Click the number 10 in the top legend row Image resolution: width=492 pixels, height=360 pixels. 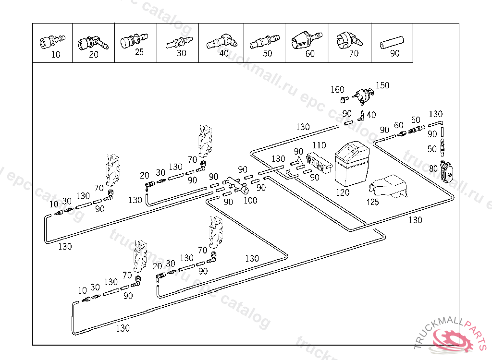[56, 55]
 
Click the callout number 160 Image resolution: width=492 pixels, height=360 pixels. [337, 90]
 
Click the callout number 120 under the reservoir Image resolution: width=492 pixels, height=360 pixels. [343, 192]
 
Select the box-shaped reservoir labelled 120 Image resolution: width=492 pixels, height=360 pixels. [353, 164]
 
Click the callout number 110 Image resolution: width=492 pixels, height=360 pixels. [319, 145]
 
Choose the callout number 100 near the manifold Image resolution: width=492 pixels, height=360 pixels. [250, 201]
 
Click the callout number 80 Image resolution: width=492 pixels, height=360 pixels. [433, 168]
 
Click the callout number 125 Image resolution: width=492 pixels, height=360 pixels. [372, 202]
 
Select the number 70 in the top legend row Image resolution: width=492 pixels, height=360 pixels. [354, 53]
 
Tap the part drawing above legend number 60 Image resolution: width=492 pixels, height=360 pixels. [306, 39]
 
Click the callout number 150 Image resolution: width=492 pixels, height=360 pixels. [382, 85]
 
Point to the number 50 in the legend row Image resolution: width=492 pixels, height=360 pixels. [267, 53]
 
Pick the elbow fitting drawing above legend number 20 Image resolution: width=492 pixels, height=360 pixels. [93, 42]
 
